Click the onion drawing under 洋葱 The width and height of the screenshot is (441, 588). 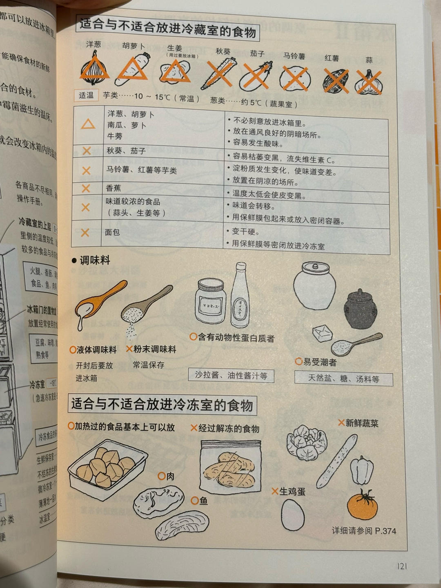(x=94, y=69)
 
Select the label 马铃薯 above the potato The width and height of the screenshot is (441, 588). (x=294, y=56)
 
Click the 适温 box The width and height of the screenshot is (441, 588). (x=86, y=96)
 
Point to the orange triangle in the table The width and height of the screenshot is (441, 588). (x=88, y=124)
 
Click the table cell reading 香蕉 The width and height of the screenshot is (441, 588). (x=113, y=188)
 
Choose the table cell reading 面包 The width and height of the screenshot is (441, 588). (x=112, y=232)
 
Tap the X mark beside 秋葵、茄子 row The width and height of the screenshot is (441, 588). (x=87, y=151)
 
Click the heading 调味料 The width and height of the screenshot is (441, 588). (x=94, y=260)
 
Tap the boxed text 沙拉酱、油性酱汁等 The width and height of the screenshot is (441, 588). (x=231, y=375)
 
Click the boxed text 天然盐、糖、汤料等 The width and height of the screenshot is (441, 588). (x=343, y=379)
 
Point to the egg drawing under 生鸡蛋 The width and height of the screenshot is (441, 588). (x=293, y=515)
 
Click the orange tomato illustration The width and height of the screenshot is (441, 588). (x=363, y=505)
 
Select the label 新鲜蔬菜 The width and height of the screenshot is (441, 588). (x=361, y=423)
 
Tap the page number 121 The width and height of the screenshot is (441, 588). (x=402, y=566)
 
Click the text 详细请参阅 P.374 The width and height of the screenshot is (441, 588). (x=364, y=531)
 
